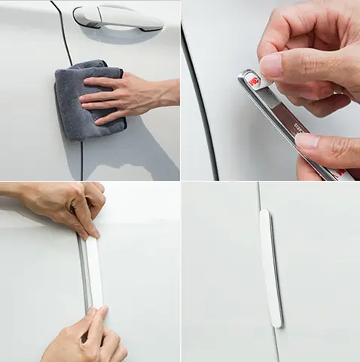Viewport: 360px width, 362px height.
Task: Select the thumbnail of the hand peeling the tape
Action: [x=270, y=90]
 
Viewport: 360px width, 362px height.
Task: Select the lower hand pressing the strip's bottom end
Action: [x=83, y=339]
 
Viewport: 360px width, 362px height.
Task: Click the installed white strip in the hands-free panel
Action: [x=270, y=268]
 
